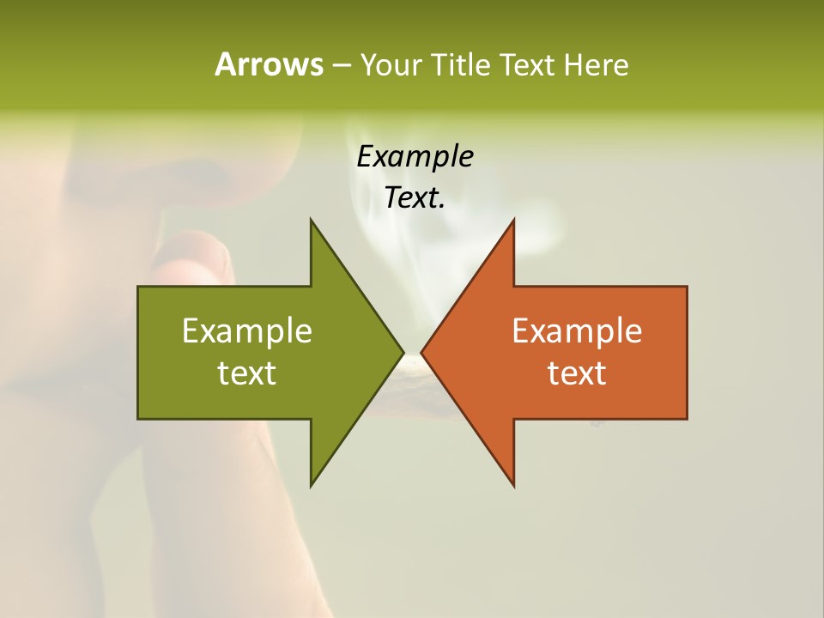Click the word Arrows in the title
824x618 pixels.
pyautogui.click(x=269, y=64)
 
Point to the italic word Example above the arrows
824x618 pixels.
pyautogui.click(x=415, y=156)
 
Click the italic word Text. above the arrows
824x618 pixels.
pyautogui.click(x=415, y=197)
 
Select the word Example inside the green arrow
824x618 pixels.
pyautogui.click(x=247, y=330)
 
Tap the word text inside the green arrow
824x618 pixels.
pyautogui.click(x=247, y=373)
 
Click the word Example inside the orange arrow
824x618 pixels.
pyautogui.click(x=577, y=330)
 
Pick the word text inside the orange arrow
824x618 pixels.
pyautogui.click(x=577, y=373)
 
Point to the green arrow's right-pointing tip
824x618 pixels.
pyautogui.click(x=402, y=352)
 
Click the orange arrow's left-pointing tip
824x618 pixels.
pyautogui.click(x=422, y=352)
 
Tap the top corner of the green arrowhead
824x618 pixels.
pyautogui.click(x=312, y=221)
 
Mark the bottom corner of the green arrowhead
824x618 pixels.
pyautogui.click(x=312, y=484)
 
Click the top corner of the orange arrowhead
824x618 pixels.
pyautogui.click(x=513, y=221)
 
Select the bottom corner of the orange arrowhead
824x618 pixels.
pyautogui.click(x=513, y=484)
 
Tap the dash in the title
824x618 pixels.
pyautogui.click(x=341, y=64)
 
